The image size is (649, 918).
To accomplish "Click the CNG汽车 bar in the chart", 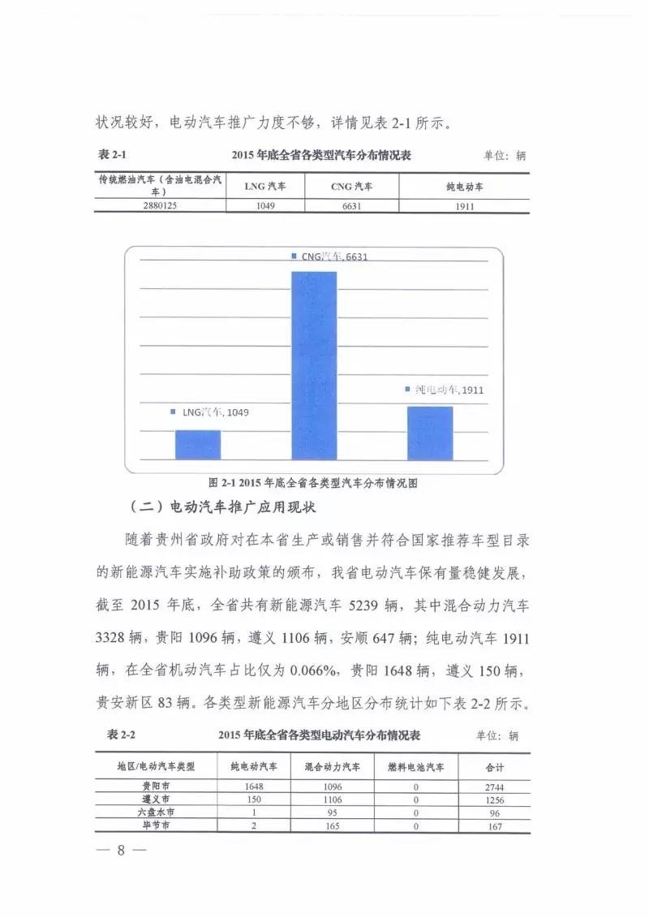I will click(x=314, y=365).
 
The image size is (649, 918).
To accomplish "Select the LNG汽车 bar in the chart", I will click(x=198, y=445).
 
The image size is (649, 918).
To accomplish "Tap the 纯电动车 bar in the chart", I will click(x=430, y=433).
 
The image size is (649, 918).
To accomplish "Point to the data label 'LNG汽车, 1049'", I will click(x=210, y=412).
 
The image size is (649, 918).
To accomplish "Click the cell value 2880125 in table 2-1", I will click(x=160, y=206).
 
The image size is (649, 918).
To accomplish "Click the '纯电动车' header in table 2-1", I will click(x=463, y=186).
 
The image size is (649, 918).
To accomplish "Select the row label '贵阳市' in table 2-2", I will click(x=156, y=786).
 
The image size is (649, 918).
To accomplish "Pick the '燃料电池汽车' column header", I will click(x=415, y=765).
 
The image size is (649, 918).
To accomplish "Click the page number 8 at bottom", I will click(x=120, y=851).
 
